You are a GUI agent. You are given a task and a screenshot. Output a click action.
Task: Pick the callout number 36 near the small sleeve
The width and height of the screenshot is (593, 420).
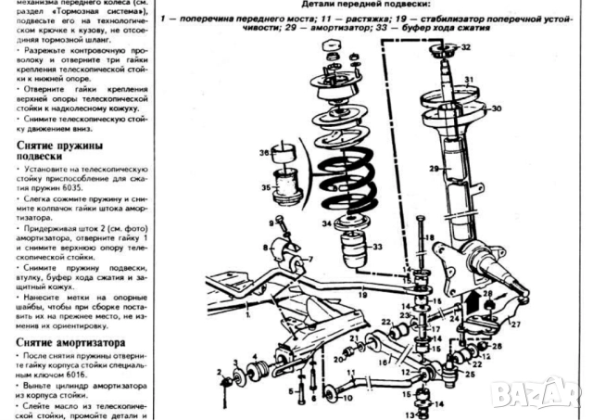click(x=264, y=152)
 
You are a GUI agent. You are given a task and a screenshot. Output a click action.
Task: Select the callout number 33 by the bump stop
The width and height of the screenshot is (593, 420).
click(x=377, y=247)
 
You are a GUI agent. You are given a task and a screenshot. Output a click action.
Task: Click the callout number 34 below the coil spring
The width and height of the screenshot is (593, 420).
click(x=327, y=223)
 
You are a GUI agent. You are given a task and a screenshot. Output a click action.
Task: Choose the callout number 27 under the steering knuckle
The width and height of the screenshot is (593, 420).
click(x=515, y=325)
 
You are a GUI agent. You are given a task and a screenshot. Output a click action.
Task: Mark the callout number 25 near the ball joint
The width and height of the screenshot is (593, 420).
click(x=470, y=375)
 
